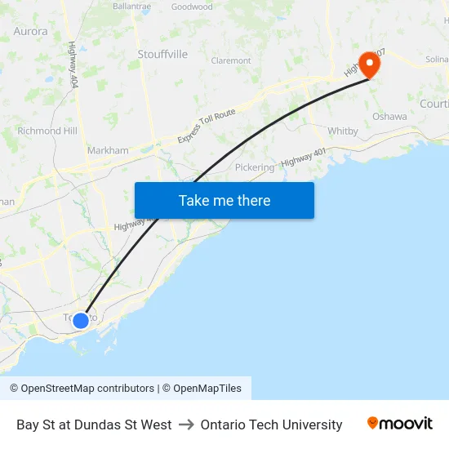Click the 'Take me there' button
[x=224, y=200]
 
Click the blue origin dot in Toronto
[x=81, y=320]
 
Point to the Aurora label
[x=30, y=31]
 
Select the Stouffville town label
[x=162, y=55]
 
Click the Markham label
[x=108, y=150]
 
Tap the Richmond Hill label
[x=47, y=131]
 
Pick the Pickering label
[x=255, y=167]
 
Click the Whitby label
[x=343, y=131]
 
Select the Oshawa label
[x=389, y=117]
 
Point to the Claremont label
[x=231, y=60]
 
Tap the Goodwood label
[x=192, y=7]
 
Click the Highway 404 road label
[x=73, y=65]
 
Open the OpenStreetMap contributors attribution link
[x=87, y=389]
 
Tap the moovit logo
[x=400, y=424]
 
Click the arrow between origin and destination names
[x=186, y=425]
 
